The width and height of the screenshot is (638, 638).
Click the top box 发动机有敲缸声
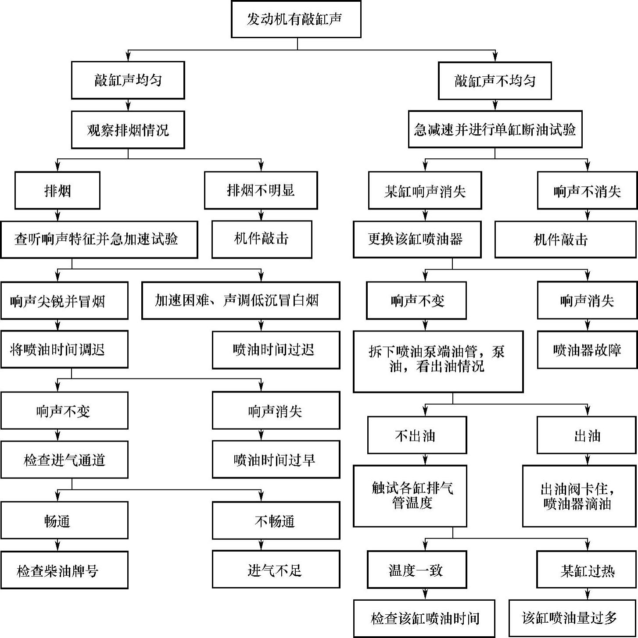pos(296,19)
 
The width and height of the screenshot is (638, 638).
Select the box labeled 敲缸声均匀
pos(128,80)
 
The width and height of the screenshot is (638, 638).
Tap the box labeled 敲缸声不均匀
pos(495,81)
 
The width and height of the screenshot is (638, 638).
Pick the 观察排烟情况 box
pos(128,130)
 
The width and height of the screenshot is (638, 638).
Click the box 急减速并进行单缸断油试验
pos(495,129)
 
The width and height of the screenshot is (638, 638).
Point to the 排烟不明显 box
pos(261,190)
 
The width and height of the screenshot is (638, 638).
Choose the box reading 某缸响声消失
pos(425,191)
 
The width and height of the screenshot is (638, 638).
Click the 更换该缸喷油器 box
pos(417,239)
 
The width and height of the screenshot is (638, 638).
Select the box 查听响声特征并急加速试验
pos(99,239)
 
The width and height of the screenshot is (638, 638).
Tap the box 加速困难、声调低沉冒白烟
pos(240,301)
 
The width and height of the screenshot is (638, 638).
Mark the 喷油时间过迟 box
pos(276,350)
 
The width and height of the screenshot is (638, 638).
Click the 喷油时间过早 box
pos(276,460)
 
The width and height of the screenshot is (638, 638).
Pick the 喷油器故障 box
pos(587,350)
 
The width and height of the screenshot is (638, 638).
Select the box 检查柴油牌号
pos(64,570)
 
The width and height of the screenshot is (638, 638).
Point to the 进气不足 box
pos(276,570)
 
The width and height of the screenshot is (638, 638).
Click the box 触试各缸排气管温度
pos(410,495)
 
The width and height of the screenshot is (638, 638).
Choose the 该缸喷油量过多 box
pos(569,618)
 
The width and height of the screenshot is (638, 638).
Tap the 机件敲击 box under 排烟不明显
pos(262,239)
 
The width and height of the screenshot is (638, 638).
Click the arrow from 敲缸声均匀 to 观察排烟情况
pos(128,105)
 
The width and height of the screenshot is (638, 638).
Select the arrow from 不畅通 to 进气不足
pos(262,545)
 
